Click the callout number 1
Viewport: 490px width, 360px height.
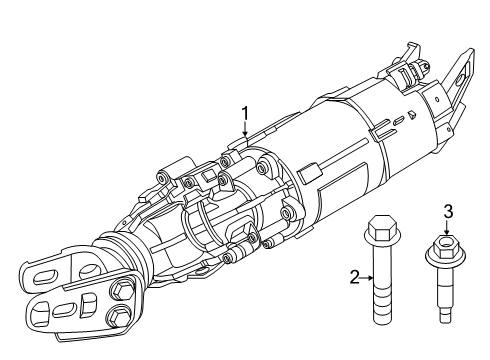point(245,114)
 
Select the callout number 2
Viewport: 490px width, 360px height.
point(355,277)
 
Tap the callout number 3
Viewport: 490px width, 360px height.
point(448,212)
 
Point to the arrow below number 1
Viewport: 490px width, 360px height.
point(245,130)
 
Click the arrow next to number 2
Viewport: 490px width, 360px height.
point(367,277)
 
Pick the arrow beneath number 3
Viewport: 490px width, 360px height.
point(447,228)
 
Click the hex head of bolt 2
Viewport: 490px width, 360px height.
point(382,228)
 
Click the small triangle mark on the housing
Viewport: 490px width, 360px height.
point(412,115)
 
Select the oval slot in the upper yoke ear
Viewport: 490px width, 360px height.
point(45,278)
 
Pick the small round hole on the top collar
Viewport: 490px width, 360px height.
point(437,99)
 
